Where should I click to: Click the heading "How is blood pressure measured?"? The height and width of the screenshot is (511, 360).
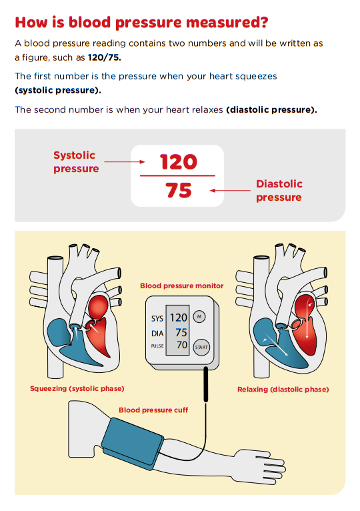click(x=141, y=23)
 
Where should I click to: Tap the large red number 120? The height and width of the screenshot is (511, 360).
click(x=178, y=162)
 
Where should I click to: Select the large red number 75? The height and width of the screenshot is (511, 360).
click(x=178, y=191)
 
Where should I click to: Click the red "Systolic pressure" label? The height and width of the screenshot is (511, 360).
click(x=75, y=162)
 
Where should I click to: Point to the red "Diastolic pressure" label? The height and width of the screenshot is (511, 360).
click(x=279, y=190)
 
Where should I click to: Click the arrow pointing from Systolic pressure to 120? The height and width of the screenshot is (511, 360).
click(x=125, y=162)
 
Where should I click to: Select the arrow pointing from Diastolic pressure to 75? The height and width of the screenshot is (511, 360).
click(x=230, y=191)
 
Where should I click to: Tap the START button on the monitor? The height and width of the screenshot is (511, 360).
click(x=201, y=347)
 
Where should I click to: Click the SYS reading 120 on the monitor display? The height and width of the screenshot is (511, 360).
click(x=178, y=318)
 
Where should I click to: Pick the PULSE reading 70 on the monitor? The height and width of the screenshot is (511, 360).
click(x=181, y=346)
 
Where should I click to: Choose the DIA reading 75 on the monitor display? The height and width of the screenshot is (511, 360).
click(x=181, y=332)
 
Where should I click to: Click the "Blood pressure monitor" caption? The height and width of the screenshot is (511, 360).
click(x=181, y=286)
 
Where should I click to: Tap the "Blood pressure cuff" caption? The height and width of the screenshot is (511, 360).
click(x=153, y=410)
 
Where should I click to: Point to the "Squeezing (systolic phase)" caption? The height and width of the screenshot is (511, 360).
click(x=77, y=388)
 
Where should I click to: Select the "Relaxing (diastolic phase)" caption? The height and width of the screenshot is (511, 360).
click(x=283, y=389)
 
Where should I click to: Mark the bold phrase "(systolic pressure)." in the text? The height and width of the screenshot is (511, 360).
click(x=58, y=90)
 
